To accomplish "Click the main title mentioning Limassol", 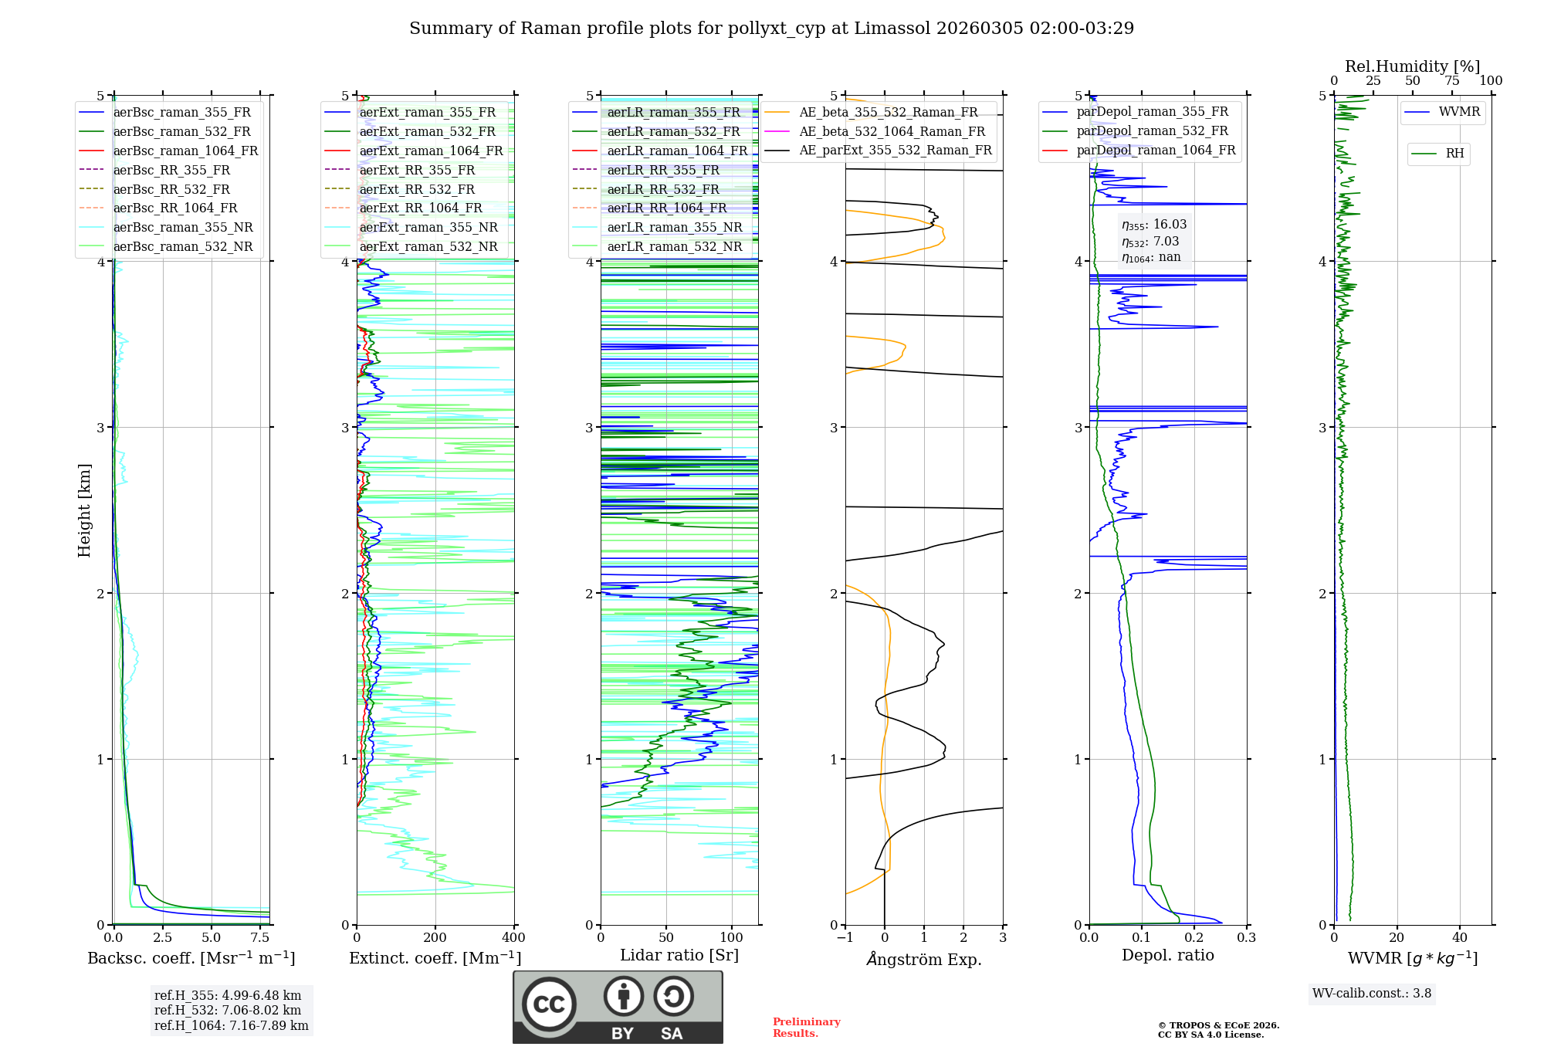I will coord(771,29).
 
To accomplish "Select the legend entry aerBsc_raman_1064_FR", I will coord(185,151).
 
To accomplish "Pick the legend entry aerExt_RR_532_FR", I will coord(417,189).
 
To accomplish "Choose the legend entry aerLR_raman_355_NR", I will coord(674,227).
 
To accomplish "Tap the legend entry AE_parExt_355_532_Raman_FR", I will coord(895,150).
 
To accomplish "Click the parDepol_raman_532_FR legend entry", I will coord(1152,131).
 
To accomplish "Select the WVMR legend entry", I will coord(1459,112).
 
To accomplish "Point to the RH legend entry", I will coord(1454,154).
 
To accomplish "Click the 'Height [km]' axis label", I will coord(84,510).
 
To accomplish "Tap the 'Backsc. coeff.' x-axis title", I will coord(191,958).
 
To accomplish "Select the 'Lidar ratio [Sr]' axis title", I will coord(679,955).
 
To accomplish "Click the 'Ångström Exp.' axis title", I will coord(924,959).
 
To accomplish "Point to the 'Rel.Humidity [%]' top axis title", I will coord(1412,66).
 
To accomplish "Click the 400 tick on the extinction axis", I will coord(513,937).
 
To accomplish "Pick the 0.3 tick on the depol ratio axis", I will coord(1246,937).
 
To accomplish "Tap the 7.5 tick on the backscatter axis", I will coord(260,937).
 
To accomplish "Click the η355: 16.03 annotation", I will coord(1154,225).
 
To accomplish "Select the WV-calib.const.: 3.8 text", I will coord(1372,994).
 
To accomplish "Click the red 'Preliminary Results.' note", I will coord(806,1028).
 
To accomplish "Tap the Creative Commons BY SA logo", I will coord(618,1007).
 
